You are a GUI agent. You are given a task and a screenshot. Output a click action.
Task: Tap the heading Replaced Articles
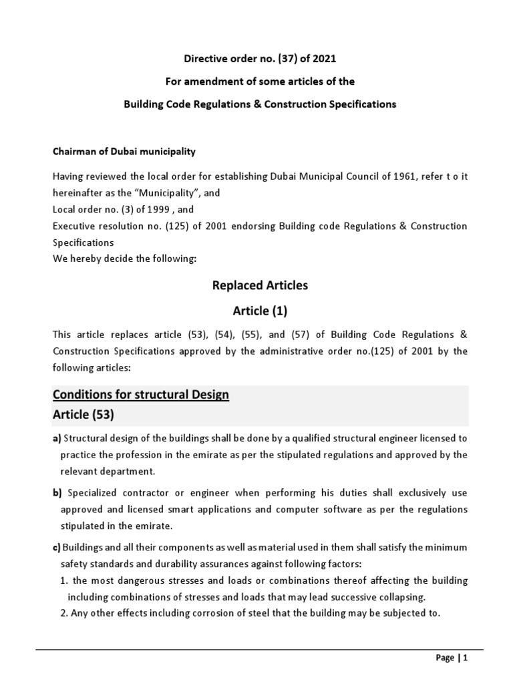click(260, 285)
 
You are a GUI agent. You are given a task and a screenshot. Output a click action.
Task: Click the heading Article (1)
click(260, 311)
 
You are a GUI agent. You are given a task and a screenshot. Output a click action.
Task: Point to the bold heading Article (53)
click(83, 414)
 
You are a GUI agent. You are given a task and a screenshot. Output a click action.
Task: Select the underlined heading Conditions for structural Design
click(141, 395)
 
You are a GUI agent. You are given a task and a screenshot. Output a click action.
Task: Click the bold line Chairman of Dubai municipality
click(124, 152)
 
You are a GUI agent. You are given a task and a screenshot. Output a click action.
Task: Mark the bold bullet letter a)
click(57, 438)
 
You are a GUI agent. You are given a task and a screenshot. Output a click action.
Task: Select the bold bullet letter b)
click(57, 492)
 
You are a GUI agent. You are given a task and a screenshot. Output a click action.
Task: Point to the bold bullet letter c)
click(57, 547)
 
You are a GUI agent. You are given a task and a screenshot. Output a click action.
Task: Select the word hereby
click(83, 259)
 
